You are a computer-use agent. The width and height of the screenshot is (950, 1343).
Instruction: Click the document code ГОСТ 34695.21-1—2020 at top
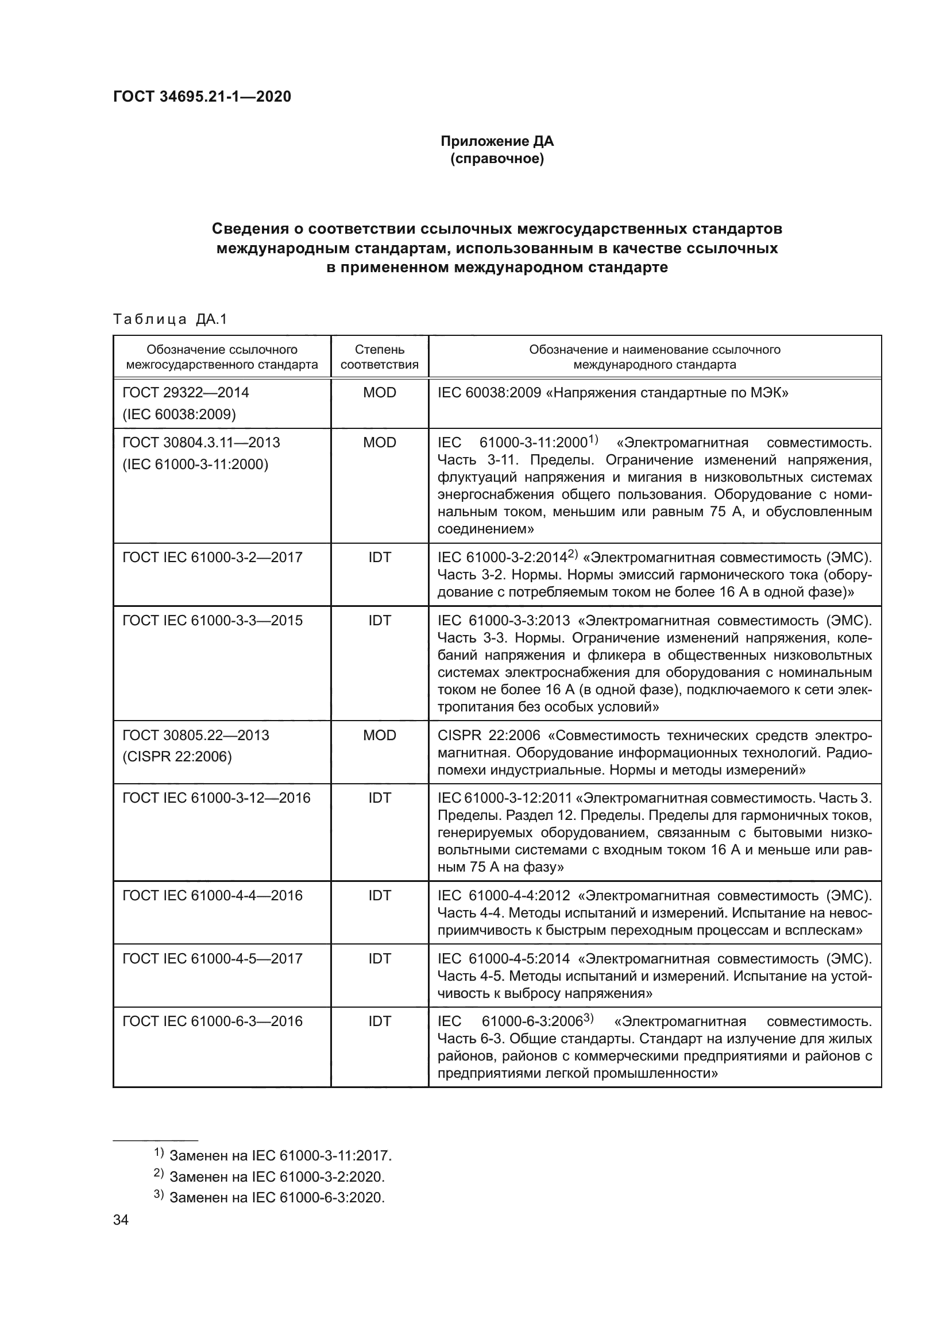tap(202, 96)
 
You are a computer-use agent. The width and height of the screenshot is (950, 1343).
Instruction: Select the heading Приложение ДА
tap(497, 141)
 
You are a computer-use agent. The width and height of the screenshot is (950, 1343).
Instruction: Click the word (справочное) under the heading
tap(497, 158)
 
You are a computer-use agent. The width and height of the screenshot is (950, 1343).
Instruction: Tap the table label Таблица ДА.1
tap(169, 319)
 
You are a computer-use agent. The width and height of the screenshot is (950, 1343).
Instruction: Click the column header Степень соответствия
tap(379, 357)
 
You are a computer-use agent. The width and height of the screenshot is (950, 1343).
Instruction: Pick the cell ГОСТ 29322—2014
tap(186, 393)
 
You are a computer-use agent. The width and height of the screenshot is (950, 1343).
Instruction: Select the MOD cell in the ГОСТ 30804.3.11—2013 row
tap(379, 443)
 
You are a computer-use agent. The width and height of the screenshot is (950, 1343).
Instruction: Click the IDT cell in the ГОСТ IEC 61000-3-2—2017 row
tap(379, 558)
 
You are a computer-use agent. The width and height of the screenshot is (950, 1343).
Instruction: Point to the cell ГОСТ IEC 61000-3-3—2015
tap(213, 621)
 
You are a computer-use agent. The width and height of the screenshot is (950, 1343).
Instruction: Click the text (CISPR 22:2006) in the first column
tap(177, 757)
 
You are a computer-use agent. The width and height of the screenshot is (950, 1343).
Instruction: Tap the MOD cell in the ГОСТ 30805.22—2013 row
tap(379, 736)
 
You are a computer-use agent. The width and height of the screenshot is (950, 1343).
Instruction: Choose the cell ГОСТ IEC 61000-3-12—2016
tap(216, 799)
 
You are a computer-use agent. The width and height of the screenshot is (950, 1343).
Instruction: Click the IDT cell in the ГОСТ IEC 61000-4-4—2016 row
tap(379, 896)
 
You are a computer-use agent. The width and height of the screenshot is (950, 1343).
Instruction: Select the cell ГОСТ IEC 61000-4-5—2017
tap(213, 959)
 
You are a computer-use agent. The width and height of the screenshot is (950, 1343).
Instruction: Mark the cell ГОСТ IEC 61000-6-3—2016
tap(213, 1022)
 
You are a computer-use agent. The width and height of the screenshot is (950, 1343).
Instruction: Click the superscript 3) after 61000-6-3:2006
tap(589, 1019)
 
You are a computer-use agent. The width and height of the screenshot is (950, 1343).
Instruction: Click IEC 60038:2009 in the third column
tap(489, 393)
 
